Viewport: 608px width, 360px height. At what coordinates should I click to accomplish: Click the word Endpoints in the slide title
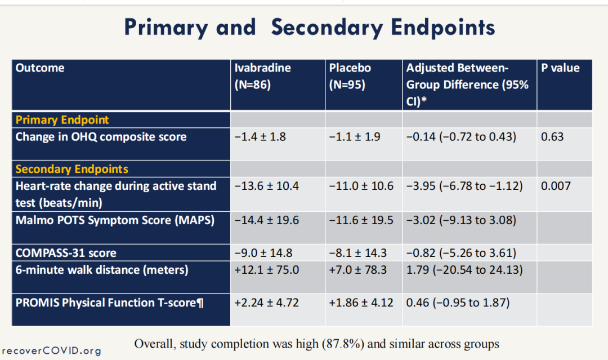(x=443, y=28)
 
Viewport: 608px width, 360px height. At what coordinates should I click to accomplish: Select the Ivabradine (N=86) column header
(x=262, y=76)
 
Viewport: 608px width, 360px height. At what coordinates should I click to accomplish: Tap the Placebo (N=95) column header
(x=350, y=76)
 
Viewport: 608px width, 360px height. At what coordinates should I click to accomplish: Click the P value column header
(x=560, y=68)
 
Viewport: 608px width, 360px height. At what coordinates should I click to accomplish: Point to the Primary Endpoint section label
(x=62, y=120)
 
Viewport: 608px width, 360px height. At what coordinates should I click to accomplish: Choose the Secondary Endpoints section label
(x=71, y=169)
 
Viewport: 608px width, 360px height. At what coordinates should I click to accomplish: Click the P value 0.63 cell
(x=552, y=136)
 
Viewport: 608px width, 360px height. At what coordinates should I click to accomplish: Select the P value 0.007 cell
(x=556, y=186)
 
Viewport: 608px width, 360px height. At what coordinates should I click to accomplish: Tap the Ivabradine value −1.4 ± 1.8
(x=260, y=136)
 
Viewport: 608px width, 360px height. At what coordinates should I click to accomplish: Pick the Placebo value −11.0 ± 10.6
(x=361, y=186)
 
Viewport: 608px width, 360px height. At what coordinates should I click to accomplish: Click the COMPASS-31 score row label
(x=66, y=253)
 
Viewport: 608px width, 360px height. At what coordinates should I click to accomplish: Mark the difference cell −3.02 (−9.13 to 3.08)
(x=461, y=220)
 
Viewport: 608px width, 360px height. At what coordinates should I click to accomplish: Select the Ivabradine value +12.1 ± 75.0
(x=266, y=270)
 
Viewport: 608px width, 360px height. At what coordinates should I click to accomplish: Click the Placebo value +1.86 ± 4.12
(x=361, y=303)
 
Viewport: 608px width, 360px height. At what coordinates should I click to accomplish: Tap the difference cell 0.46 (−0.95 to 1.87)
(x=458, y=303)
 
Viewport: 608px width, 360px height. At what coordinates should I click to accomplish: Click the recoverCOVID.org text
(x=52, y=350)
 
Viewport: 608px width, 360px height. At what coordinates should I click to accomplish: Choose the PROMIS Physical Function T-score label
(x=109, y=303)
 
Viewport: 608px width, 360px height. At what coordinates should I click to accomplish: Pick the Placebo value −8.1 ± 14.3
(x=357, y=253)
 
